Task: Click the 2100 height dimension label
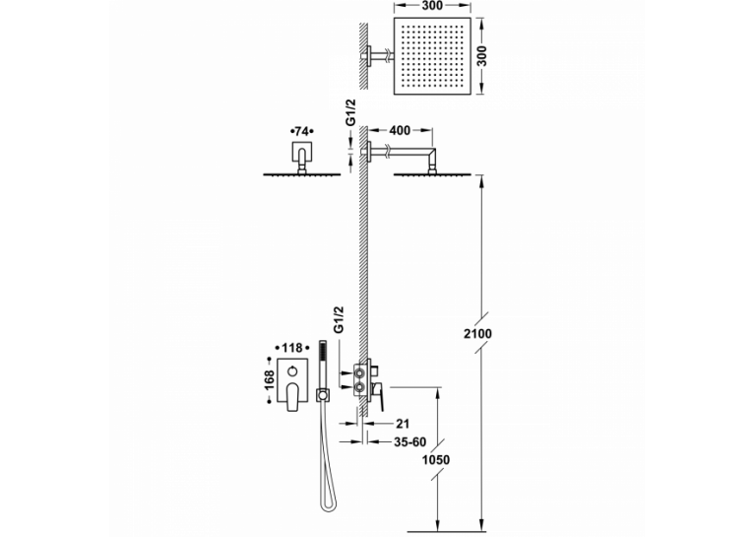(x=477, y=333)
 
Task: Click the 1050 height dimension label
(x=436, y=460)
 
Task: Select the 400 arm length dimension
(x=400, y=130)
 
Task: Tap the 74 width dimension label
(x=301, y=131)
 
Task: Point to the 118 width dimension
(x=292, y=348)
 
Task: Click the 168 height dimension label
(x=270, y=380)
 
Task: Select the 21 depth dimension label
(x=403, y=424)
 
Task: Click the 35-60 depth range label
(x=410, y=441)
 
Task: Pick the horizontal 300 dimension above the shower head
(x=432, y=6)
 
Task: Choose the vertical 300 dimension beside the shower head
(x=481, y=56)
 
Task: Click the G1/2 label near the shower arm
(x=351, y=112)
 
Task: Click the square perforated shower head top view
(x=432, y=56)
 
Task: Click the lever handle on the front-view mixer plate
(x=293, y=397)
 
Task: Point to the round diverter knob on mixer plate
(x=293, y=371)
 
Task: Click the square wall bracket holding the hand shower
(x=322, y=395)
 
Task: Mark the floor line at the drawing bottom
(x=447, y=532)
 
